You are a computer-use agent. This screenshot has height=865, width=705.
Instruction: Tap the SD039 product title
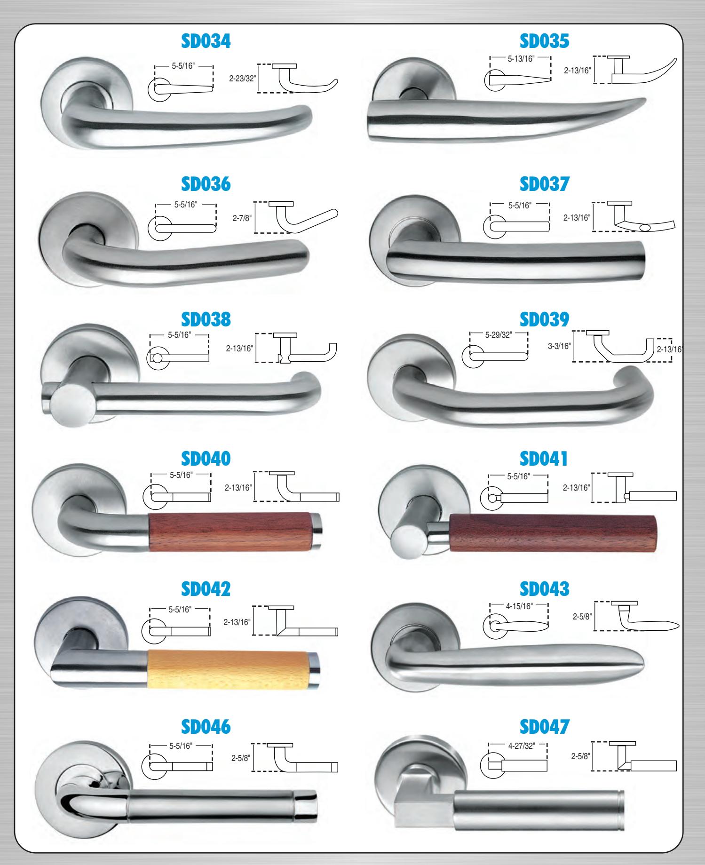pos(544,319)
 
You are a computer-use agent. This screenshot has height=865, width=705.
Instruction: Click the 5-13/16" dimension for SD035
pos(520,60)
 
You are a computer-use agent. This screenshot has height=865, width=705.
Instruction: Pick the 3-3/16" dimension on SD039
pos(560,346)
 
